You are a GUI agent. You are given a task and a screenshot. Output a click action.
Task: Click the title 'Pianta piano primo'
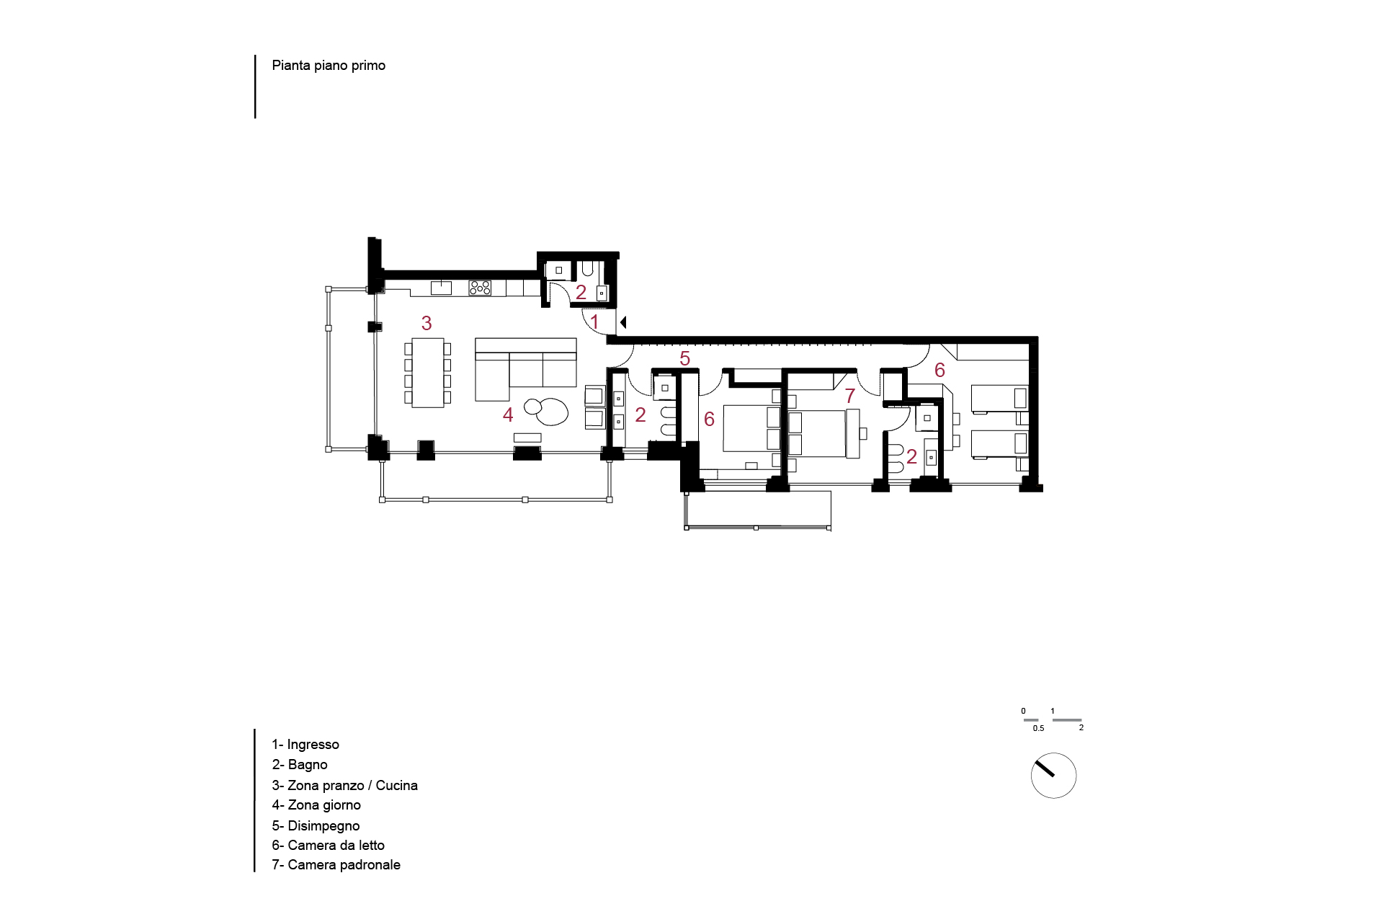pos(329,66)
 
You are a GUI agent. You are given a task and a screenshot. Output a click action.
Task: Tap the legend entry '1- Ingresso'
pos(305,745)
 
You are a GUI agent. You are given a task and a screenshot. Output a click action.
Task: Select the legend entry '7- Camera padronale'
pos(336,865)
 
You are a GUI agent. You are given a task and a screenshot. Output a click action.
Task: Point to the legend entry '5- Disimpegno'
pos(316,826)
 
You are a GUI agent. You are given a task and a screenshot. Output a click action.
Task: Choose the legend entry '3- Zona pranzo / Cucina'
pos(344,786)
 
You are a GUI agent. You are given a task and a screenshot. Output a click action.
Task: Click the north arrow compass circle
pos(1053,776)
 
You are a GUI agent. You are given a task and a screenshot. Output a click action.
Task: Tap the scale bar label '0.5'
pos(1038,728)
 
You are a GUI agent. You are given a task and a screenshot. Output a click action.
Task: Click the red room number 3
pos(427,323)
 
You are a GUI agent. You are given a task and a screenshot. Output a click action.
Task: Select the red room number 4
pos(508,415)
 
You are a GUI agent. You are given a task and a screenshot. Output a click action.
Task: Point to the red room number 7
pos(850,396)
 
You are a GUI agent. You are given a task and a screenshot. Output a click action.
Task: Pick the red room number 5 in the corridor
pos(684,358)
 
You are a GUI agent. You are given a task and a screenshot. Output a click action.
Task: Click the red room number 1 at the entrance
pos(594,322)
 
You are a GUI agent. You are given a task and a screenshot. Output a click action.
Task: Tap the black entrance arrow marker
pos(623,322)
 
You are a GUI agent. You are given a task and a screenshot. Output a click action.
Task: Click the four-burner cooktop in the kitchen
pos(480,288)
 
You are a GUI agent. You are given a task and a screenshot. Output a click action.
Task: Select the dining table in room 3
pos(428,373)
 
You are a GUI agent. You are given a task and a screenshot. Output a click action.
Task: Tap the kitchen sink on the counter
pos(441,288)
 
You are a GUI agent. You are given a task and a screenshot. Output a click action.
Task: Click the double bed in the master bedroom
pos(817,434)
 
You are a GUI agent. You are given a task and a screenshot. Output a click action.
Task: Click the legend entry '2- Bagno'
pos(300,765)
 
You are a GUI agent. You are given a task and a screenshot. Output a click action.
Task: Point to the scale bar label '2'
pos(1081,728)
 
